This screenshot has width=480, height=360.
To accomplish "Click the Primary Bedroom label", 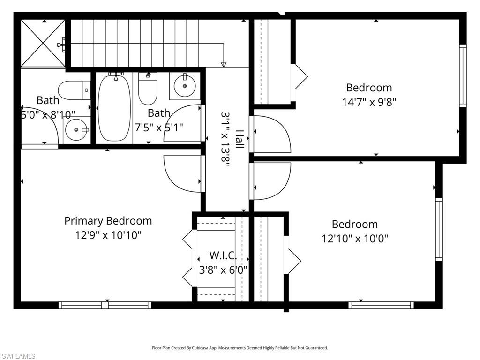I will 108,220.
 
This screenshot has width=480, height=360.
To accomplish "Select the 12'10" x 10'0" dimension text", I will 355,239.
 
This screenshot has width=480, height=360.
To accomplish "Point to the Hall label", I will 240,140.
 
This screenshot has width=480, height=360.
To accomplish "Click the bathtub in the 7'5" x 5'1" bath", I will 114,108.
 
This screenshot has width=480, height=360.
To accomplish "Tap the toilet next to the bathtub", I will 148,89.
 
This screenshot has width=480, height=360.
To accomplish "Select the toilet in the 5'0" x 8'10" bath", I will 74,90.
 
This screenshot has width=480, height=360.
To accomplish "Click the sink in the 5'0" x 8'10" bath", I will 76,129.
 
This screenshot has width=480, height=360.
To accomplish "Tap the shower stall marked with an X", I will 43,44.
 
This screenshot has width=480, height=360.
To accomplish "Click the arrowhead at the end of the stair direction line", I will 224,65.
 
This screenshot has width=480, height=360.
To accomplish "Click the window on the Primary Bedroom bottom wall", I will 105,305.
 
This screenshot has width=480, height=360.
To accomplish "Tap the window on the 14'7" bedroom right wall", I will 463,76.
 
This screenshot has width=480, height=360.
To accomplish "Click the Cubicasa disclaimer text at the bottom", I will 240,348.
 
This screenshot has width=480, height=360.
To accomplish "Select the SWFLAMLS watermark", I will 18,356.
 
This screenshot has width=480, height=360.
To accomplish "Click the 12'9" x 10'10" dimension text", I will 108,235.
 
